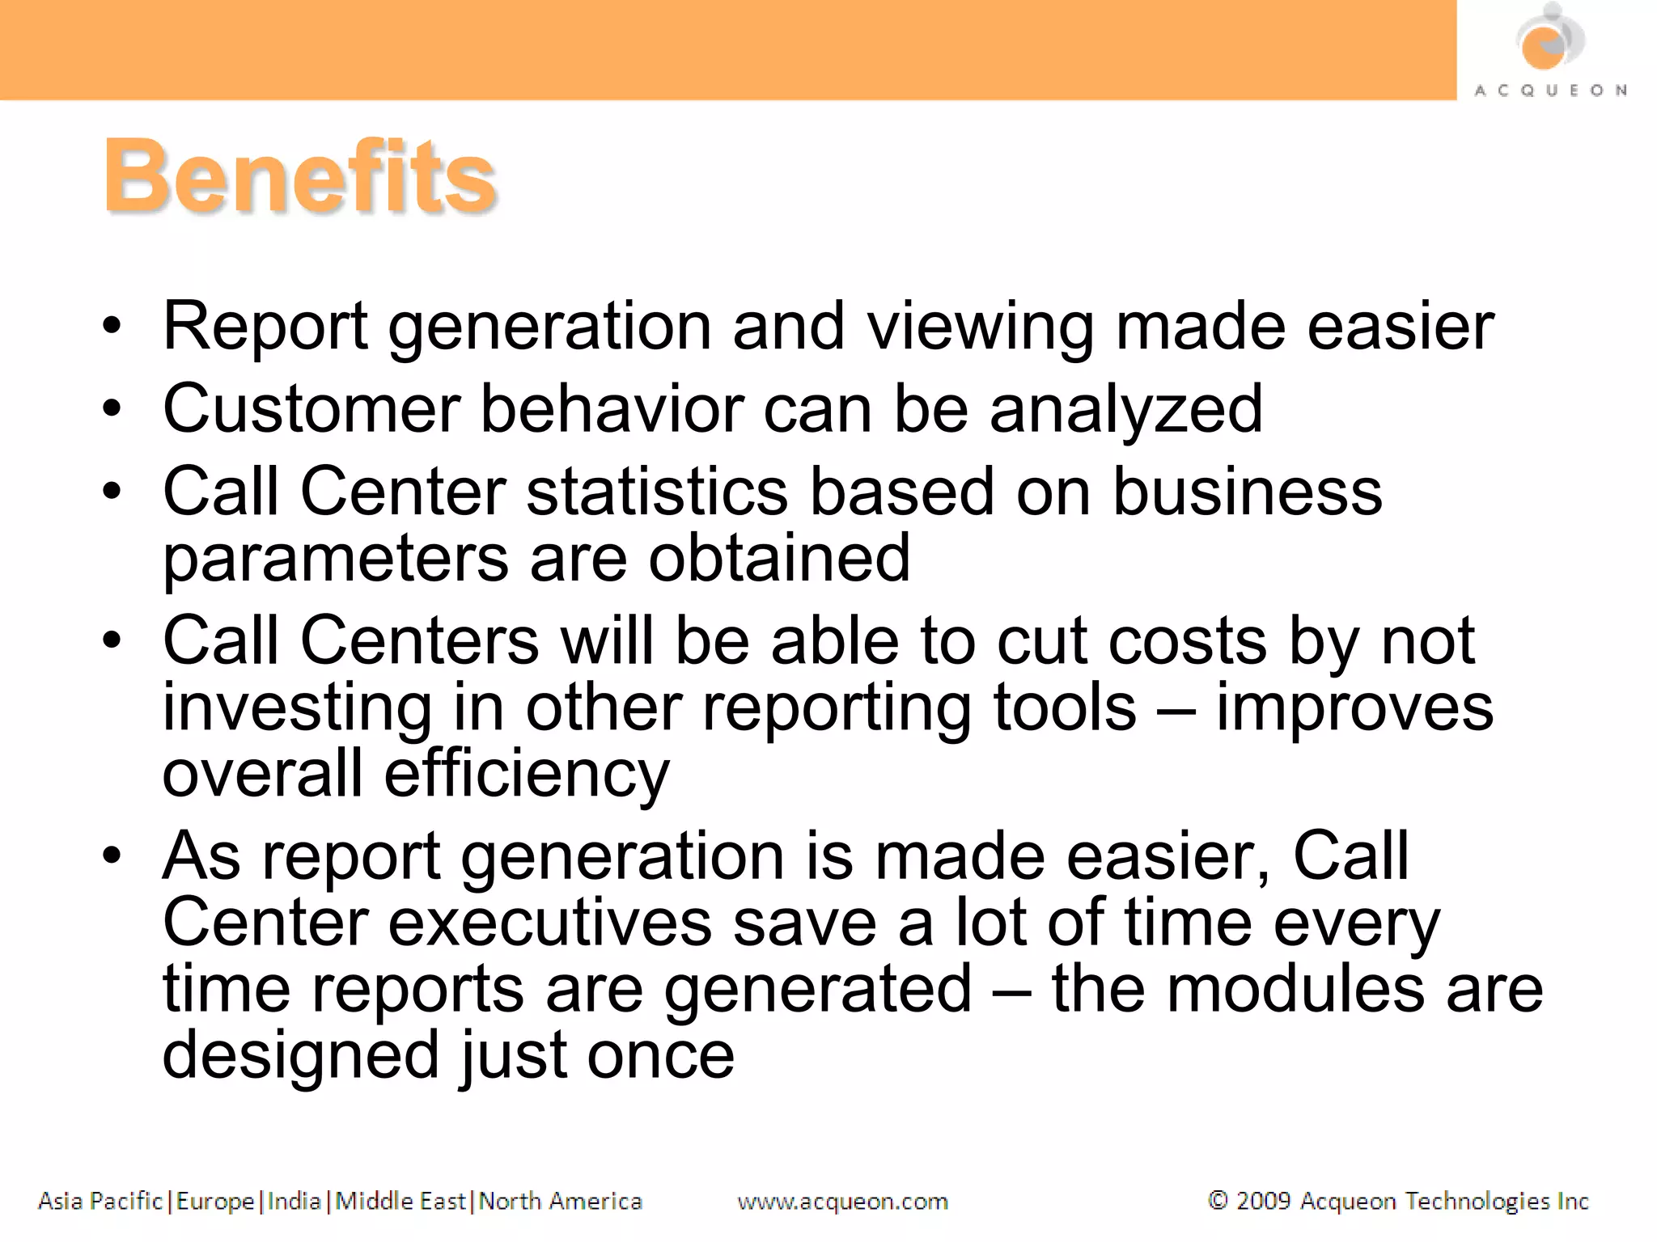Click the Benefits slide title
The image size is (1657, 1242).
(x=299, y=176)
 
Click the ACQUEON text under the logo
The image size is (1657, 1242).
(x=1550, y=91)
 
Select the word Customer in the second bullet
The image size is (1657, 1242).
(x=311, y=408)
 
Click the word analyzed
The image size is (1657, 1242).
(x=1125, y=410)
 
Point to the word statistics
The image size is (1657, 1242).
(x=657, y=492)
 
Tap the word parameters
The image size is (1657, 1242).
(x=336, y=560)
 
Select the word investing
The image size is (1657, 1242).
(x=297, y=708)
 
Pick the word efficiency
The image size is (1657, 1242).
(x=526, y=775)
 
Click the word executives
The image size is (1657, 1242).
(x=550, y=923)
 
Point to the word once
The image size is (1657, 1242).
(x=660, y=1056)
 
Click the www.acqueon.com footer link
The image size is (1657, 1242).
(x=842, y=1202)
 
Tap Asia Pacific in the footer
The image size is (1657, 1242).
(x=100, y=1202)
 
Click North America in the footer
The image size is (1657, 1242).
(x=560, y=1202)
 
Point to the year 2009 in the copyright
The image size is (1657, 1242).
(x=1263, y=1201)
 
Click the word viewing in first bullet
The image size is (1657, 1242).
(x=980, y=327)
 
